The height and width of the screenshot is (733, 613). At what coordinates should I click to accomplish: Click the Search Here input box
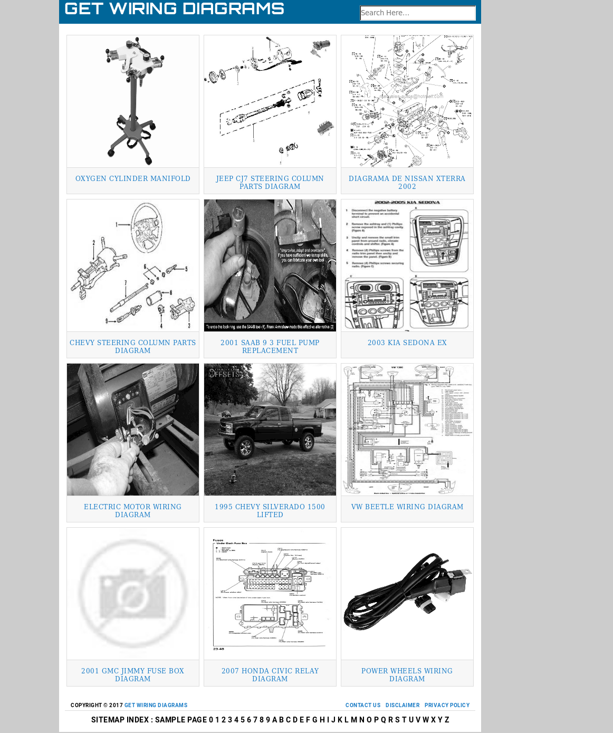click(417, 13)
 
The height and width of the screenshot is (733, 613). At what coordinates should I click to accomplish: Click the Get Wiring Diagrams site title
click(174, 9)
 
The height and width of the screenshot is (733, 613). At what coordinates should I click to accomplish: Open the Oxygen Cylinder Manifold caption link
click(133, 179)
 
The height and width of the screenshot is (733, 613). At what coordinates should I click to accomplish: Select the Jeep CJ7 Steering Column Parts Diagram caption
click(270, 183)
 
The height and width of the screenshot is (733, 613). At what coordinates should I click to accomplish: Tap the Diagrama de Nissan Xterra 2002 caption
click(407, 183)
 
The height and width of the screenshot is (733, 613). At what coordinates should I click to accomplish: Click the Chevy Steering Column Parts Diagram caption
click(133, 347)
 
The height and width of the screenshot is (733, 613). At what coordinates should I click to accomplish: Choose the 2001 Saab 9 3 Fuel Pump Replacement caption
click(270, 347)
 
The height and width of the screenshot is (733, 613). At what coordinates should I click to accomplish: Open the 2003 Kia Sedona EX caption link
click(407, 343)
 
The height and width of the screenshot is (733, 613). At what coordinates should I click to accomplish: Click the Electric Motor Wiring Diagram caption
click(133, 511)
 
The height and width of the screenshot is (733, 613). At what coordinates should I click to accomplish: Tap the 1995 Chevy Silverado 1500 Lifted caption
click(270, 511)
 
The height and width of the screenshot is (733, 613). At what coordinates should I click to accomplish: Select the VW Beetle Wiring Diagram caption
click(407, 507)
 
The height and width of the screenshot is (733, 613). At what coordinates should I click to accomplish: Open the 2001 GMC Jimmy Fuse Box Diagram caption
click(133, 675)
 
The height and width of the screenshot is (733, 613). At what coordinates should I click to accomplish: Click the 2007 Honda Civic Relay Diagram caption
click(270, 675)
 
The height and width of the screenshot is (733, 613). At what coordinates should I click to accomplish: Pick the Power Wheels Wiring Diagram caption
click(407, 675)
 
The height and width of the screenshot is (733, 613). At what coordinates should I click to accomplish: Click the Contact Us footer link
click(362, 706)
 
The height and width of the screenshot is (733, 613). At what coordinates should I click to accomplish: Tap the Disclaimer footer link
click(403, 706)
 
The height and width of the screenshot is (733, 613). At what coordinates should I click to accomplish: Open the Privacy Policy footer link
click(447, 706)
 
